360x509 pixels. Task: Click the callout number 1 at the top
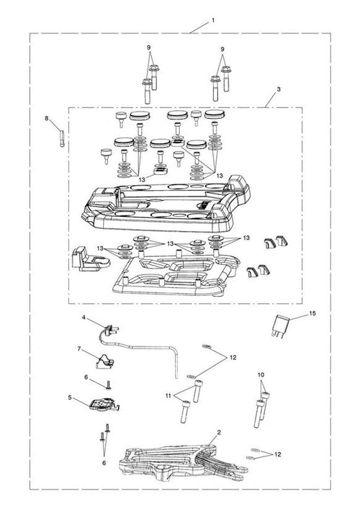(213, 20)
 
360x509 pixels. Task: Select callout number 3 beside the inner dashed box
(279, 89)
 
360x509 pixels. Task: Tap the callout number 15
(312, 313)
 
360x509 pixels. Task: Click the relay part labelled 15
(280, 325)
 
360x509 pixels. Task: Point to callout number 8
(46, 119)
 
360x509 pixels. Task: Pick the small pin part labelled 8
(63, 138)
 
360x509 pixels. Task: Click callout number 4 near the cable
(84, 317)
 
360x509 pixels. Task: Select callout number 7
(79, 348)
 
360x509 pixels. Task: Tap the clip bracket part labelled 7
(104, 361)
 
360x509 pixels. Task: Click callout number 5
(70, 397)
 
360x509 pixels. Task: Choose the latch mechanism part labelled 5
(104, 405)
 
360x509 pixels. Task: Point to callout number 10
(261, 374)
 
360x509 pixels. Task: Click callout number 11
(168, 396)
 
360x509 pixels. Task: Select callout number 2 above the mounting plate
(219, 432)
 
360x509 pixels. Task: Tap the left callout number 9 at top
(148, 48)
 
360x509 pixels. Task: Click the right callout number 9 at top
(222, 50)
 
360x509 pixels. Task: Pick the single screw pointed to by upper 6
(109, 385)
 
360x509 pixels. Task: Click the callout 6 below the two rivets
(104, 463)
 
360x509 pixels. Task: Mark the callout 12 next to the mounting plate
(277, 454)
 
